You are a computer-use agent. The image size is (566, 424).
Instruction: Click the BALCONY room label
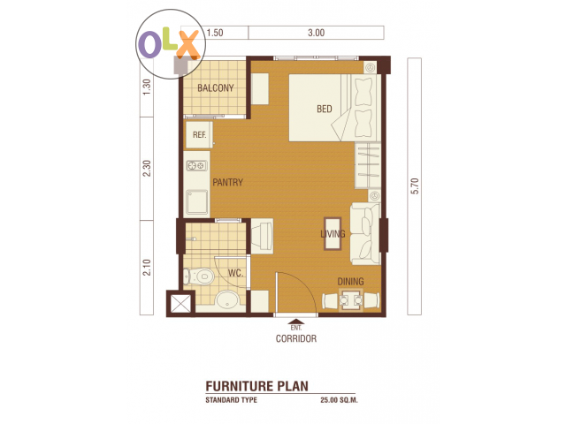216,88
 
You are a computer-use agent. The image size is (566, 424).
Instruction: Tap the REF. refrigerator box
198,134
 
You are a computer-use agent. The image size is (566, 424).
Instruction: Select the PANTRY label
227,183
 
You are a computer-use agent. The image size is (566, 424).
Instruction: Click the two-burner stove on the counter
196,166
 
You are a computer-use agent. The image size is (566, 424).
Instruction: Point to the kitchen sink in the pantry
197,202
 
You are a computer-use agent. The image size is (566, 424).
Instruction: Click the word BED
325,109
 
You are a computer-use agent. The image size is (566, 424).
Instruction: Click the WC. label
235,273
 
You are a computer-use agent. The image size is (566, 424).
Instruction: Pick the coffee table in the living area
333,233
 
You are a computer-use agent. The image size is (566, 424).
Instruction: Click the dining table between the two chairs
350,300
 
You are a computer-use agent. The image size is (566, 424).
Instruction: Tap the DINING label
350,282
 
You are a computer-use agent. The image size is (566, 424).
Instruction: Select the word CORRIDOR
296,338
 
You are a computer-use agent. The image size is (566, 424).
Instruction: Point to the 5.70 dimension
415,186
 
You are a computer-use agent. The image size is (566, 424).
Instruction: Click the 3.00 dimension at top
317,33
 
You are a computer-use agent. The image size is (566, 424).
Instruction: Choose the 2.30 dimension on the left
147,169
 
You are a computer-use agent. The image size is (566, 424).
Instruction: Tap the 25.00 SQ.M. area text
339,400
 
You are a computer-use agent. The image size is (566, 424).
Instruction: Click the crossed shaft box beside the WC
180,303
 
